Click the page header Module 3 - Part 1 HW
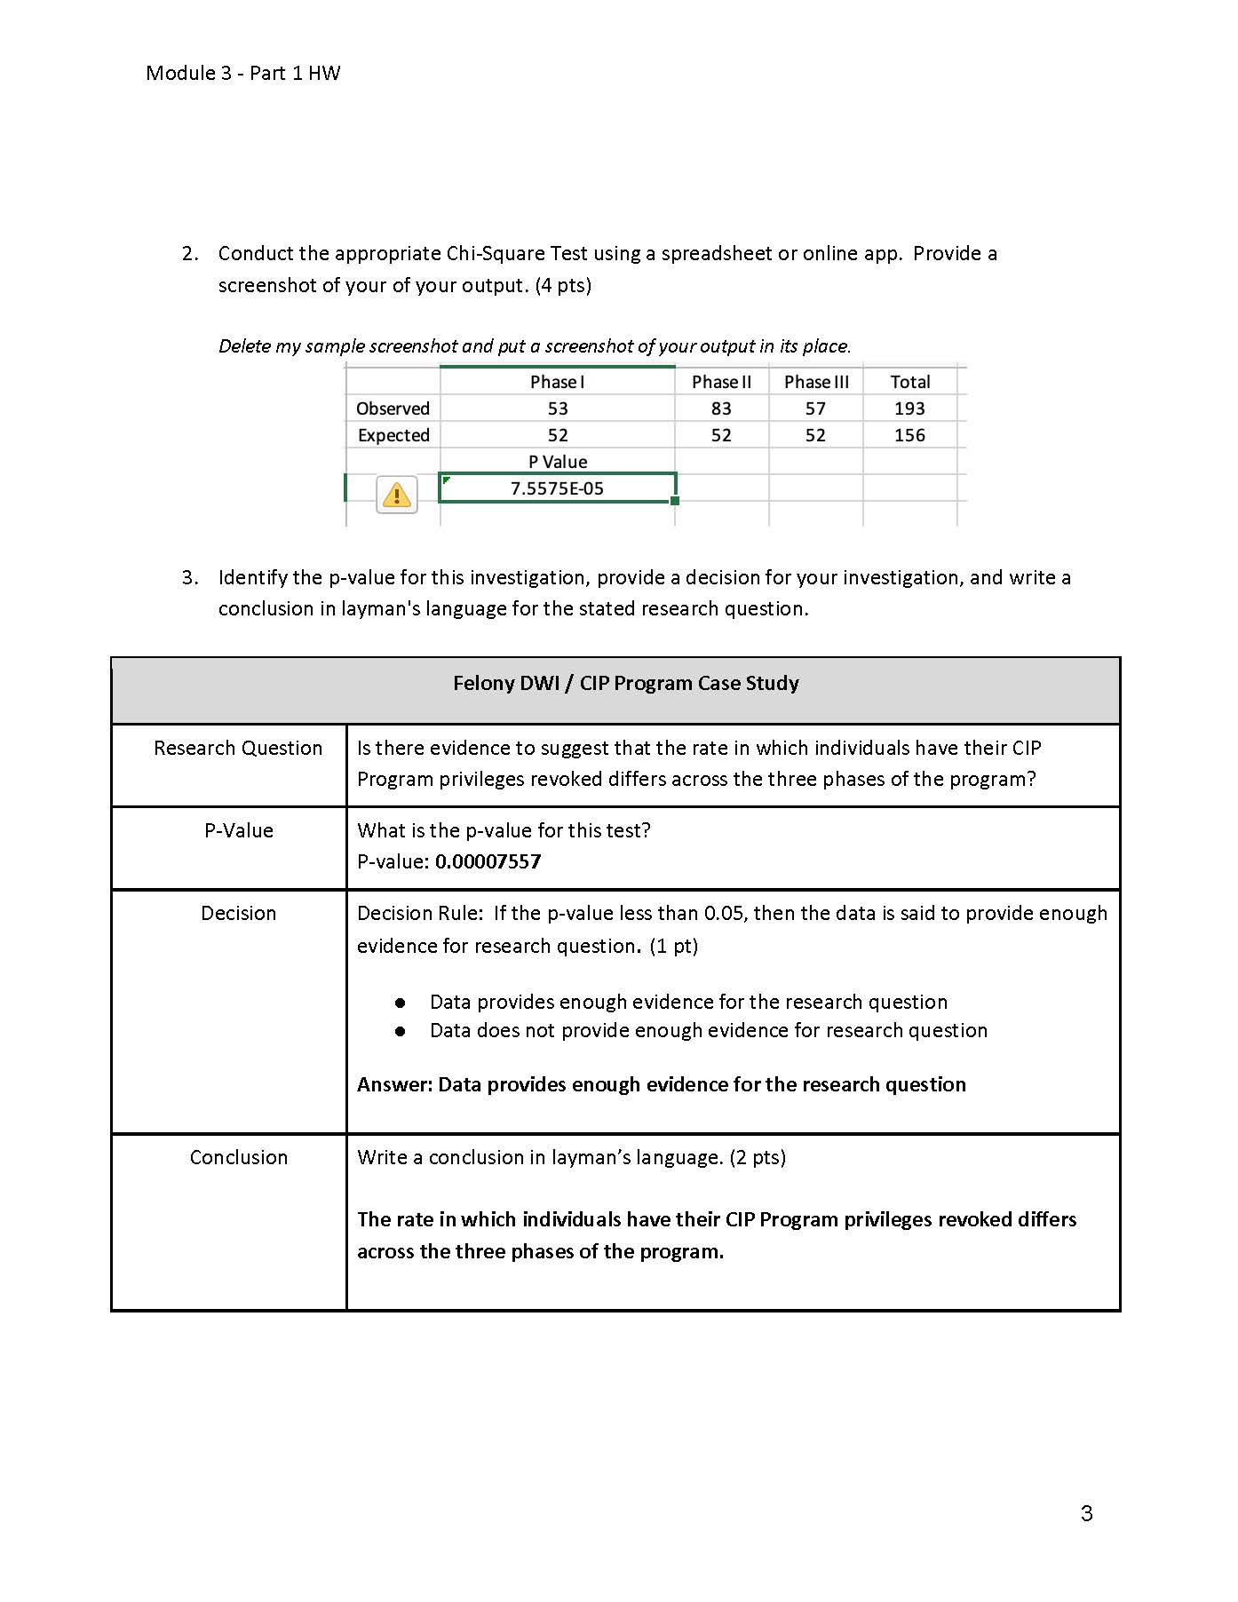tap(242, 73)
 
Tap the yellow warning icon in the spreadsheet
tap(397, 494)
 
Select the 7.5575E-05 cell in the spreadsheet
tap(557, 488)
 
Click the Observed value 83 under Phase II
tap(721, 408)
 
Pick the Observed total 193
tap(909, 408)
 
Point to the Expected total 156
tap(909, 435)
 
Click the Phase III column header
tap(816, 382)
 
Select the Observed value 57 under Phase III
tap(815, 408)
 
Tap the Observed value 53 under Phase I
tap(557, 408)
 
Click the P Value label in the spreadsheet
tap(557, 462)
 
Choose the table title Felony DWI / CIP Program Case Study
tap(625, 683)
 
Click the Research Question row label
tap(238, 748)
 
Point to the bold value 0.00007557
tap(488, 861)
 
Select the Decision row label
tap(238, 913)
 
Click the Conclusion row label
tap(238, 1157)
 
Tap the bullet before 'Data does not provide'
tap(401, 1031)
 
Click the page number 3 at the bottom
tap(1086, 1513)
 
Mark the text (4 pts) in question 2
tap(563, 285)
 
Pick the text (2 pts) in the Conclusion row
tap(758, 1157)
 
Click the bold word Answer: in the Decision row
tap(394, 1084)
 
